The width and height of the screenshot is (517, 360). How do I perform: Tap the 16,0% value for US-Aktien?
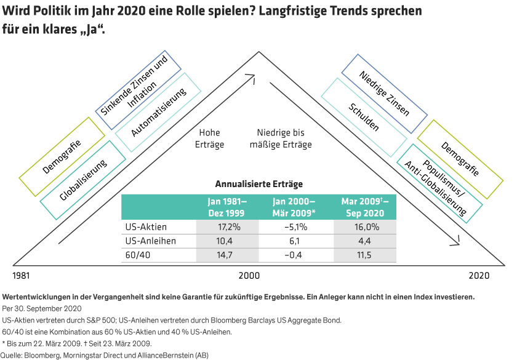tap(365, 226)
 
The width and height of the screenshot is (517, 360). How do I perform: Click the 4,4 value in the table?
tap(365, 241)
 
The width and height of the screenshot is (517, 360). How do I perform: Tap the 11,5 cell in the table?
tap(365, 255)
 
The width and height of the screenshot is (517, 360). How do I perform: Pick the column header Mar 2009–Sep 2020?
tap(365, 207)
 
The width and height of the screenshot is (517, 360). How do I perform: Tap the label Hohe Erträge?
tap(209, 138)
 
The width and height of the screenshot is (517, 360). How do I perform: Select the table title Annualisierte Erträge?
tap(258, 183)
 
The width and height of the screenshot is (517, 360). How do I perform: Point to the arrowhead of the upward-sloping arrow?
tap(251, 78)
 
